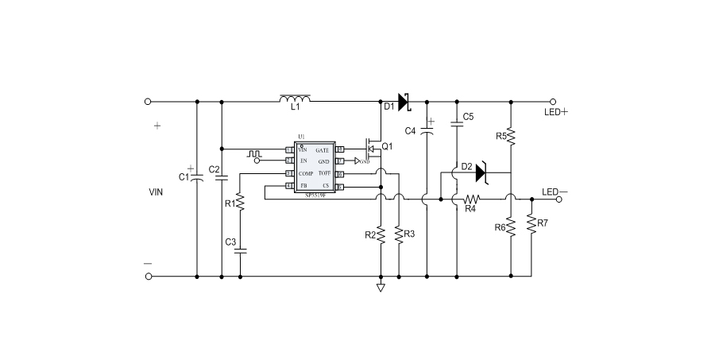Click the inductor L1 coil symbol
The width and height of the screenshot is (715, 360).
(295, 99)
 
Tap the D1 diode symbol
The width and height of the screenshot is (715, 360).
(402, 102)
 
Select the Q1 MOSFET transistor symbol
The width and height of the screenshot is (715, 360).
(369, 149)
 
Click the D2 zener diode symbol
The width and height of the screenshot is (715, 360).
(481, 172)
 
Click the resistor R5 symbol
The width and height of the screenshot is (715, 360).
(511, 137)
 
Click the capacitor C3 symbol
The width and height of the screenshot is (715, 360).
(240, 250)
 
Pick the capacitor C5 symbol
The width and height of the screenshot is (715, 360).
(457, 123)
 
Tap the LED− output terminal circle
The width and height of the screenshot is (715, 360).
(560, 199)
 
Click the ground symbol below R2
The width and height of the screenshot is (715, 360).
(381, 287)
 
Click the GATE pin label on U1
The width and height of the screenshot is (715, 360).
(323, 149)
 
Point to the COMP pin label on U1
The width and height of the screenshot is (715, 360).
(306, 173)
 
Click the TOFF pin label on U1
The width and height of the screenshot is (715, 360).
(323, 173)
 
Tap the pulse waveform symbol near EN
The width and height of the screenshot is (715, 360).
(253, 152)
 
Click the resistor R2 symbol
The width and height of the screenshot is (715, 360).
(381, 235)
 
